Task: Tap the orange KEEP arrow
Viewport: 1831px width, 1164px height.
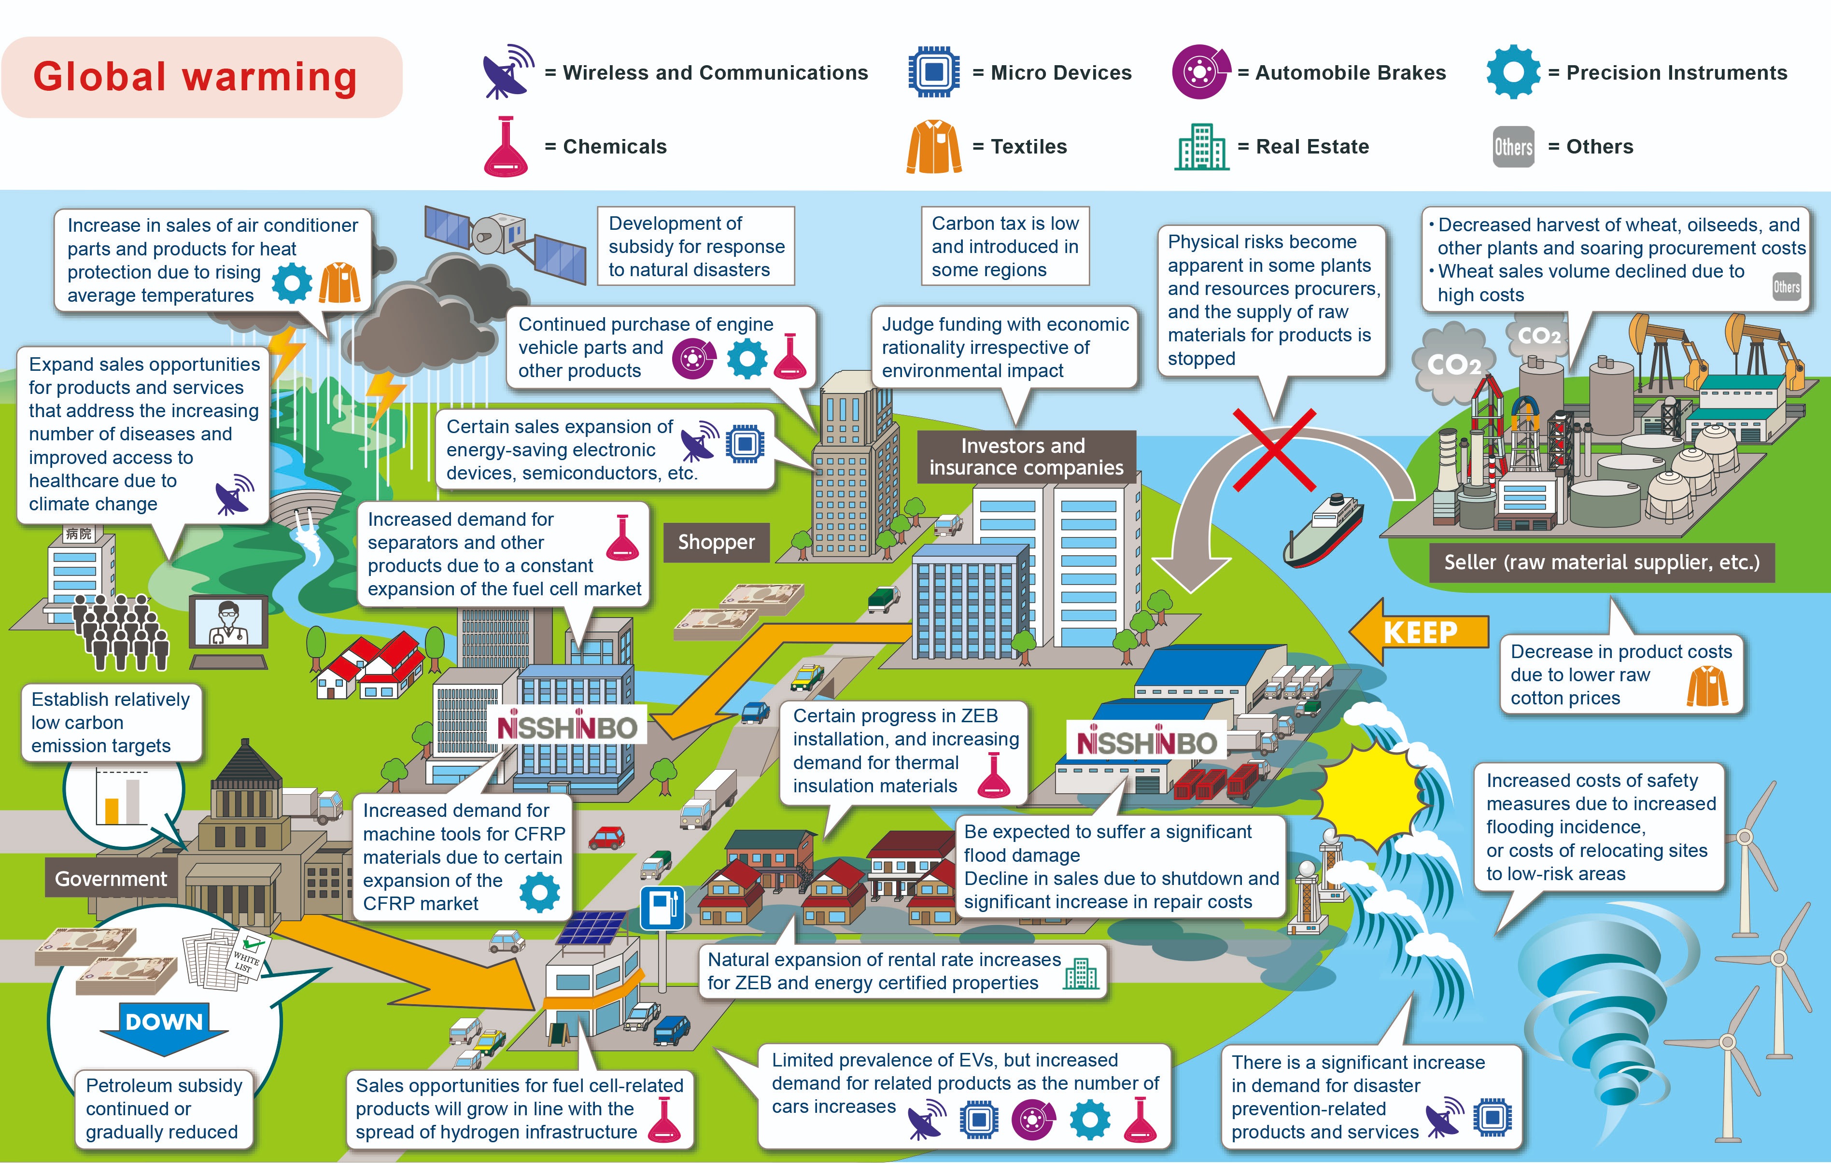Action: [x=1419, y=631]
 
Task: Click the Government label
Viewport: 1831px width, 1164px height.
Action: [x=111, y=878]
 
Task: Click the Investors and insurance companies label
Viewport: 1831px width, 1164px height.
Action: [x=1027, y=456]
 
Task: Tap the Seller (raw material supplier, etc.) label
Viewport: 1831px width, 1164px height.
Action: [x=1602, y=562]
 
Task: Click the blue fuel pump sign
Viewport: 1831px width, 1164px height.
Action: [x=662, y=908]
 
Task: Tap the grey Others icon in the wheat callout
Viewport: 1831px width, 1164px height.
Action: [x=1786, y=287]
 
